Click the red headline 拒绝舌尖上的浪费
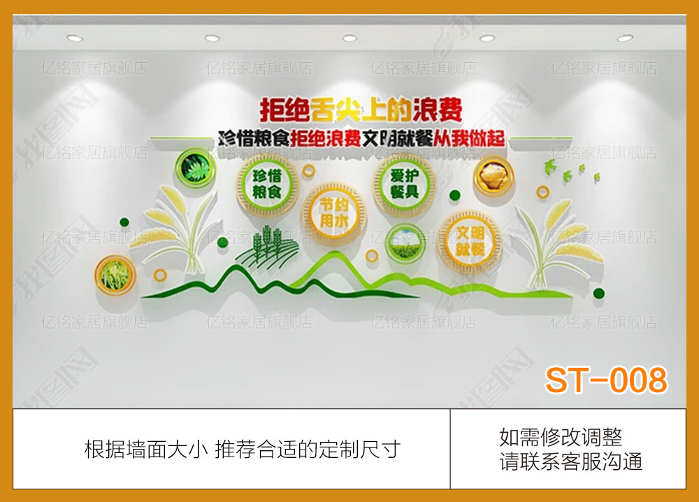click(361, 109)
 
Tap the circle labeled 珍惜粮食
click(262, 183)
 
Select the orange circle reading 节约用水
click(333, 213)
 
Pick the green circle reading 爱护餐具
click(400, 183)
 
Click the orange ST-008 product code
click(606, 380)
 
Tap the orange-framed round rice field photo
click(114, 275)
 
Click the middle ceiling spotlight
click(349, 38)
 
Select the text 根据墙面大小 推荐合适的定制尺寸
click(242, 448)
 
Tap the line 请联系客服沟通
click(570, 461)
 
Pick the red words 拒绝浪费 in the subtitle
click(325, 138)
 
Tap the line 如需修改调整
click(561, 438)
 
